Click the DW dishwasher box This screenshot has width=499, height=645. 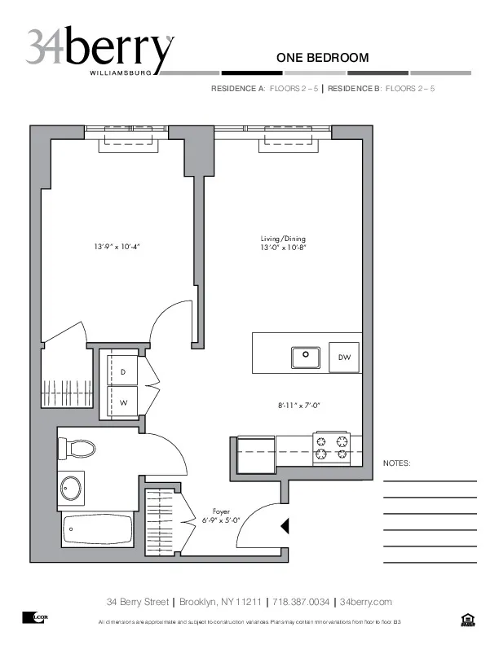click(x=344, y=358)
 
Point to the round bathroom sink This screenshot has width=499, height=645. click(x=71, y=489)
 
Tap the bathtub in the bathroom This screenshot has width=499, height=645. click(x=97, y=529)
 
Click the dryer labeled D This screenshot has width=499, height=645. click(x=122, y=372)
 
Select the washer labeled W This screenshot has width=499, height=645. click(x=122, y=402)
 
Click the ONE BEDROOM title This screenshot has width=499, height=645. click(x=322, y=58)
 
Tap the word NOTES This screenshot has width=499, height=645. click(x=397, y=463)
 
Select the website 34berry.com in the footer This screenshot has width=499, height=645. click(x=365, y=602)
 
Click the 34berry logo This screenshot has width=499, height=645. click(x=99, y=50)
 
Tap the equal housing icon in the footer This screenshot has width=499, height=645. click(x=467, y=621)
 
